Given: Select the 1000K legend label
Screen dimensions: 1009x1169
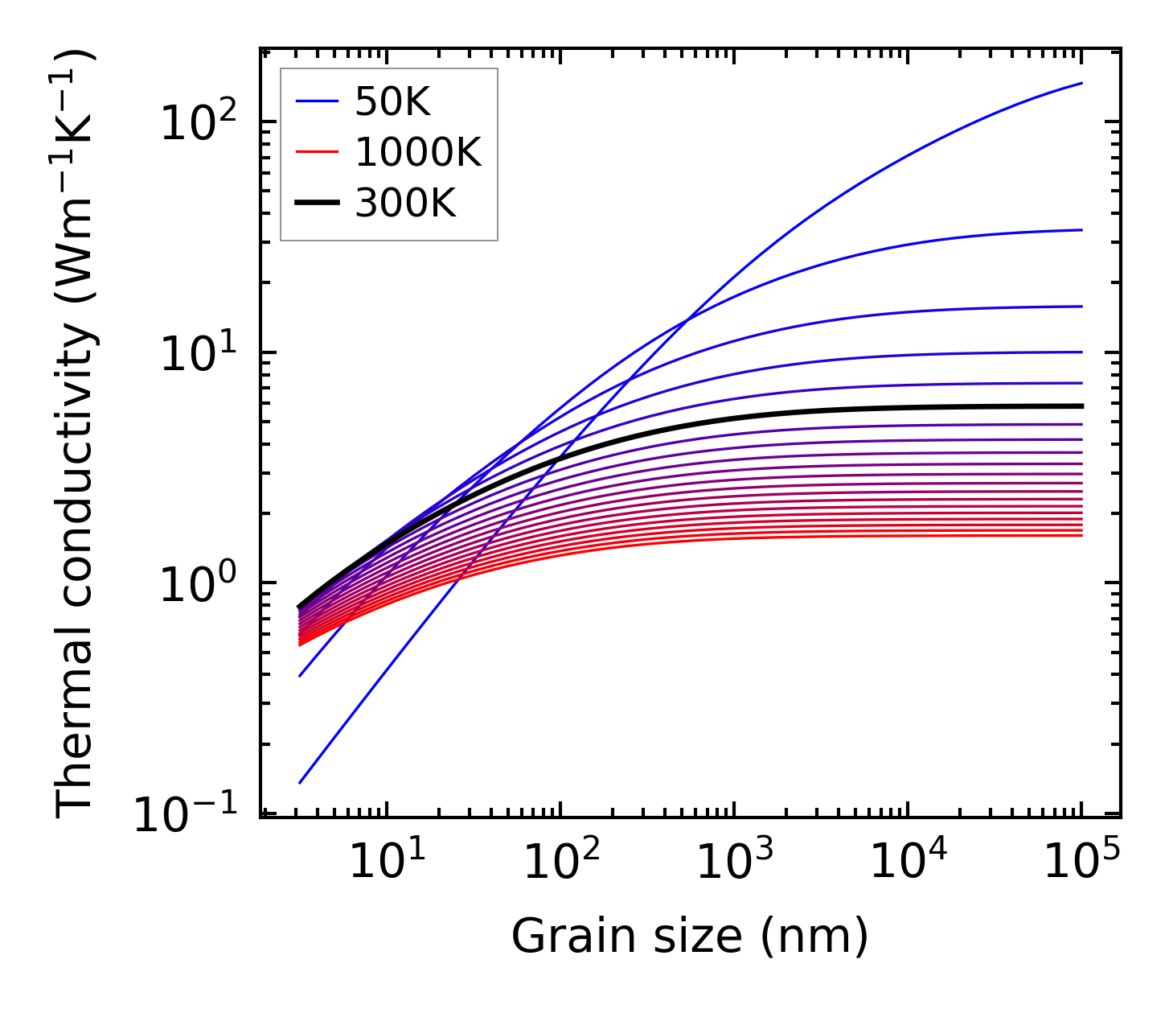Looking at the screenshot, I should point(418,153).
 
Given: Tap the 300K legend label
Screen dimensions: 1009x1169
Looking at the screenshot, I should point(405,204).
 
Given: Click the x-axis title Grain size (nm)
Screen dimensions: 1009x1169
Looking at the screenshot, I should point(690,937).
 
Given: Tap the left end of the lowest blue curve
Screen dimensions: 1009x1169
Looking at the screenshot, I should point(299,783).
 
